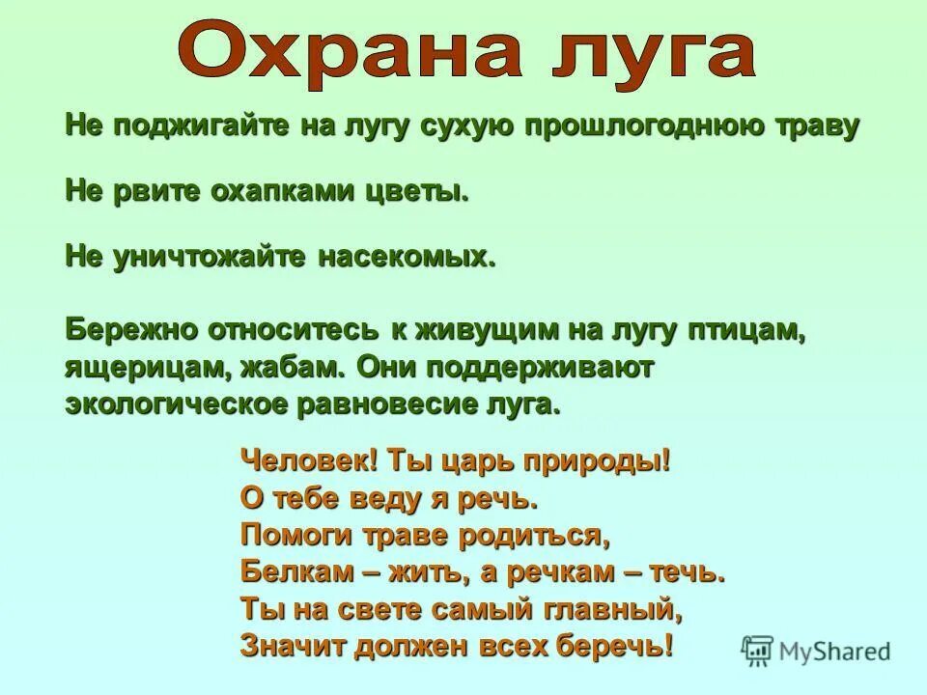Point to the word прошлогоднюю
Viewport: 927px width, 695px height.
(x=632, y=125)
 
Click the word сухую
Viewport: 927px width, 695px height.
(x=460, y=125)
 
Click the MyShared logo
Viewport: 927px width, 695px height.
(x=816, y=651)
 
